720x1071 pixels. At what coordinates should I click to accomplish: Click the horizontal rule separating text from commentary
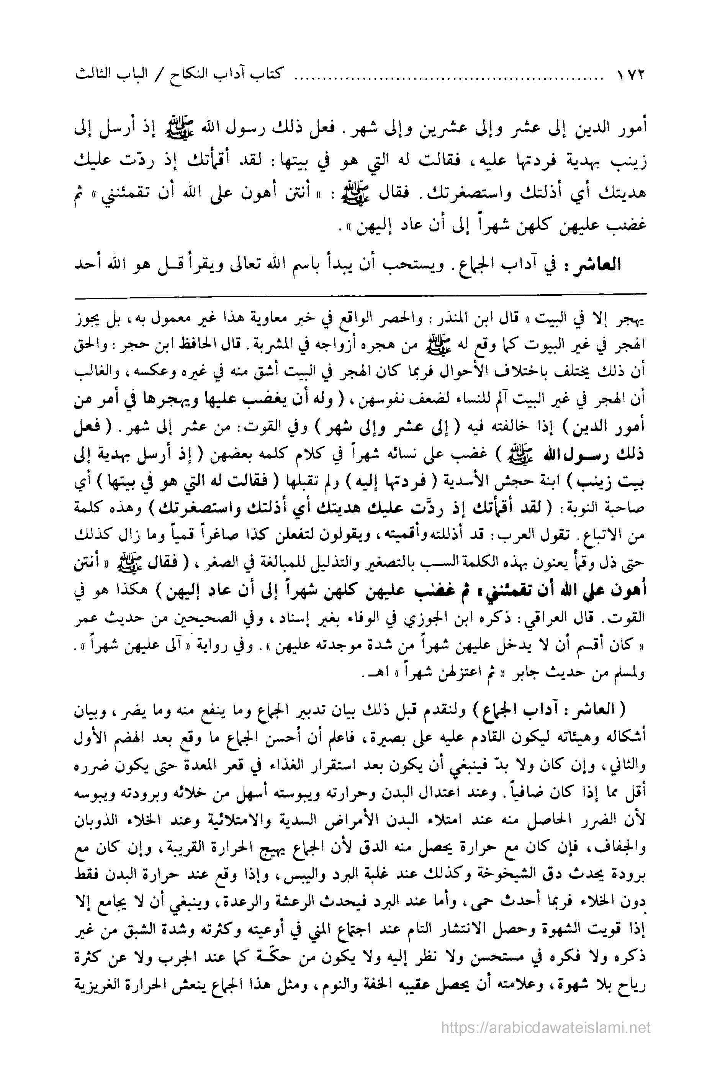(x=360, y=293)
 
